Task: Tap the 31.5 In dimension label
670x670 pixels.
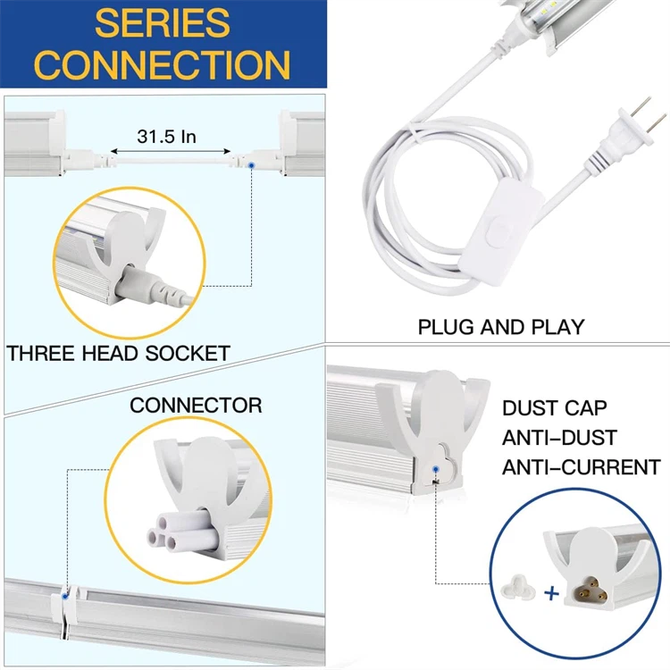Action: coord(167,137)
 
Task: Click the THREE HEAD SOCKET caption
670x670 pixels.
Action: coord(118,353)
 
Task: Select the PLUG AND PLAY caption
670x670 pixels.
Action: coord(500,327)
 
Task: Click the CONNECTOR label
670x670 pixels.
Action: coord(196,406)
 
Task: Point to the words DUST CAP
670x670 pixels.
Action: coord(554,409)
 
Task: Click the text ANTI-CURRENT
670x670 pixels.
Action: coord(581,467)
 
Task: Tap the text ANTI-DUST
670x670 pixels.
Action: coord(559,438)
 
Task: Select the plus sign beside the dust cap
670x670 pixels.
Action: coord(550,591)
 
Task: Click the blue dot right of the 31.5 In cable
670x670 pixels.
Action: coord(254,165)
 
